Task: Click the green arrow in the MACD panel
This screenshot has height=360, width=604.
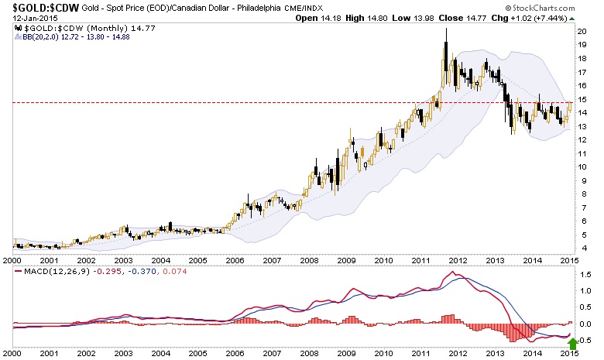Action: click(573, 342)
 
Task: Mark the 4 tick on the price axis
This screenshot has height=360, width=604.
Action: click(583, 248)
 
